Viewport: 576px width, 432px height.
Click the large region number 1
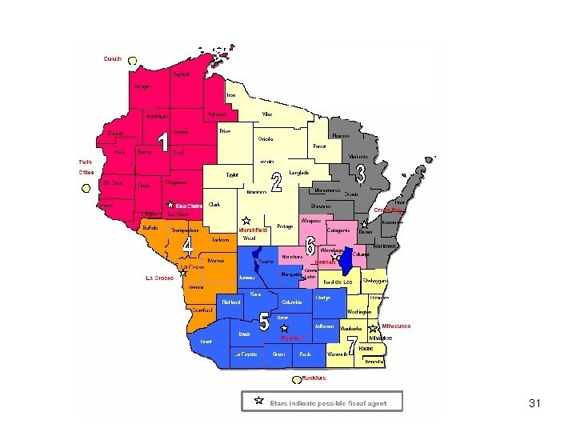[x=162, y=143]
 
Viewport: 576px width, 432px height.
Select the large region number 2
[x=277, y=183]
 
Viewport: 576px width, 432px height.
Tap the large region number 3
[x=361, y=173]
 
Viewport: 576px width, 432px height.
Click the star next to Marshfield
[x=246, y=219]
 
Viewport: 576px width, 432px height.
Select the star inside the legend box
[x=258, y=399]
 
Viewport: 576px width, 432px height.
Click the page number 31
[x=535, y=403]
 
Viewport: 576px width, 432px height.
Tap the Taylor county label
[x=233, y=174]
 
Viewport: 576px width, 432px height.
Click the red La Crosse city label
[x=160, y=278]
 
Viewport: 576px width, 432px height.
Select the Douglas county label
[x=142, y=86]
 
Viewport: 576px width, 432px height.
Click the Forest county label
[x=320, y=146]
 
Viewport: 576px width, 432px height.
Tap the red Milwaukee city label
[x=395, y=326]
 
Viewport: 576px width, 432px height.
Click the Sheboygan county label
[x=375, y=281]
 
